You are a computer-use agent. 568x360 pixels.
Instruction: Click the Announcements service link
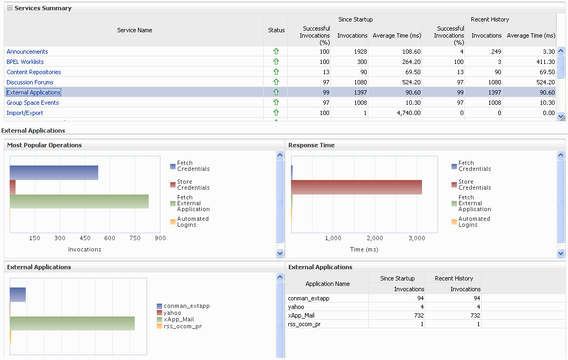[x=27, y=52]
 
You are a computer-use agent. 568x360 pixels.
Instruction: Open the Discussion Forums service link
[x=30, y=82]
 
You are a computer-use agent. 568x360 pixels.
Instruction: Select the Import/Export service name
[x=25, y=113]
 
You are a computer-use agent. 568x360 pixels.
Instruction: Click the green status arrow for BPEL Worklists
[x=276, y=62]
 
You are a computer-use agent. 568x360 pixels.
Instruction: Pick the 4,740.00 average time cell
[x=404, y=113]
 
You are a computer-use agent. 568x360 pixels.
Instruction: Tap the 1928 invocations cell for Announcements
[x=356, y=52]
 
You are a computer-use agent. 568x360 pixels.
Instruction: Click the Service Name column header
[x=135, y=30]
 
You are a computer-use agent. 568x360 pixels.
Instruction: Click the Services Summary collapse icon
[x=10, y=8]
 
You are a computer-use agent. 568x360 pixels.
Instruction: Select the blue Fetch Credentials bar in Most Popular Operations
[x=54, y=172]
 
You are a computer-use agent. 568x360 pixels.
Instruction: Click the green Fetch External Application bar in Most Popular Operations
[x=79, y=201]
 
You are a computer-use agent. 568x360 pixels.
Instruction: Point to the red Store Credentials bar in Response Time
[x=356, y=187]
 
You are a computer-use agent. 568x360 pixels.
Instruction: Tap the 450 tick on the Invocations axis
[x=85, y=238]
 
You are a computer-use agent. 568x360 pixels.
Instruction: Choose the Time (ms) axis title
[x=364, y=249]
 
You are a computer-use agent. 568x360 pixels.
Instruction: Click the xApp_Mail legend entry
[x=178, y=319]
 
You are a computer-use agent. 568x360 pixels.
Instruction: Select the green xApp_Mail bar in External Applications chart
[x=72, y=323]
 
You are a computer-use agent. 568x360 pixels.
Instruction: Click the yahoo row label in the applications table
[x=296, y=307]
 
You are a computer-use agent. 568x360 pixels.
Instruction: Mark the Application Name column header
[x=327, y=284]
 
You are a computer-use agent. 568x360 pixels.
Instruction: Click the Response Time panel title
[x=311, y=145]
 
